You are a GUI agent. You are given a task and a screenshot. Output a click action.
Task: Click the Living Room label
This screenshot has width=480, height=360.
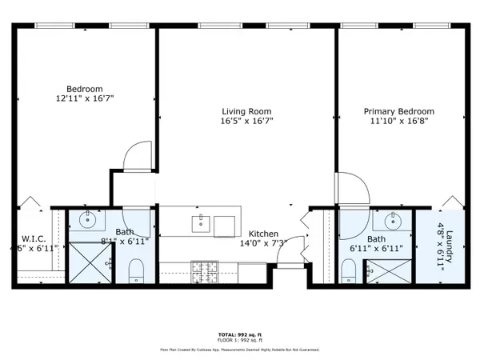coord(246,112)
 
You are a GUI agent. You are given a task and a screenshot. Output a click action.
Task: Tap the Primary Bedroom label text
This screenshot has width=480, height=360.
coord(398,112)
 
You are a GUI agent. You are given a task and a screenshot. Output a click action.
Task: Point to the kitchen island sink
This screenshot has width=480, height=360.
coord(200,222)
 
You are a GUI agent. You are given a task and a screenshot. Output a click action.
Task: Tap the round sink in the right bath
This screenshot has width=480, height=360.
coord(393,220)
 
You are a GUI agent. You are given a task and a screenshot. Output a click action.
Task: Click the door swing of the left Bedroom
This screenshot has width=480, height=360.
coord(138,158)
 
